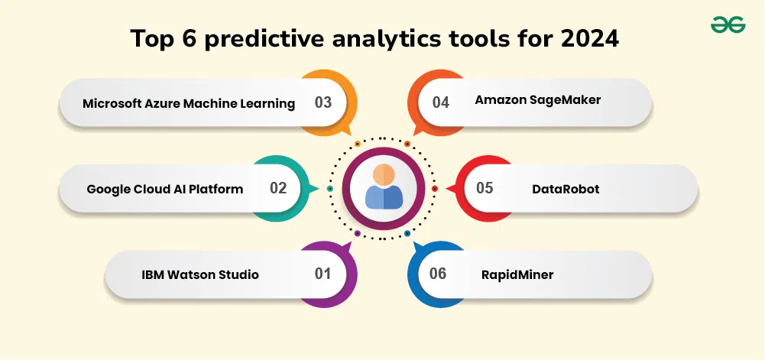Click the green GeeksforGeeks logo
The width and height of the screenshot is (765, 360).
(728, 24)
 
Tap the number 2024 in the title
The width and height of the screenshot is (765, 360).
(589, 38)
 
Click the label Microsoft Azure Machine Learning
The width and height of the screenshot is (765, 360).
(189, 103)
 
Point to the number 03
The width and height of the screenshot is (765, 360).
(323, 102)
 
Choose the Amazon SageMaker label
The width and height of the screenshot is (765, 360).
(538, 100)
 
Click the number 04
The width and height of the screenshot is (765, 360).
(440, 102)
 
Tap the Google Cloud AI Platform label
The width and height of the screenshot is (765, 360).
(165, 189)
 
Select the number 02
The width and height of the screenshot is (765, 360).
(278, 188)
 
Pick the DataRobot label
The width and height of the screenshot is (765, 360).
(566, 189)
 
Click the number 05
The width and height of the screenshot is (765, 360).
(485, 188)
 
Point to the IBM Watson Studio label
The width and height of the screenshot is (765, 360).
(200, 274)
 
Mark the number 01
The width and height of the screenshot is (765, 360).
(323, 274)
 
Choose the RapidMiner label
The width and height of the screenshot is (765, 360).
(517, 275)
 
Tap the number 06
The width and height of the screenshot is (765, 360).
(438, 274)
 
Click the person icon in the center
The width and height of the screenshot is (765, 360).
(384, 186)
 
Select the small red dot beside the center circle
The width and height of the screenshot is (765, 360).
(435, 188)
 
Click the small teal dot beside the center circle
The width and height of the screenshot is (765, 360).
(330, 188)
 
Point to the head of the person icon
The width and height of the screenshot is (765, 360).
(384, 174)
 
